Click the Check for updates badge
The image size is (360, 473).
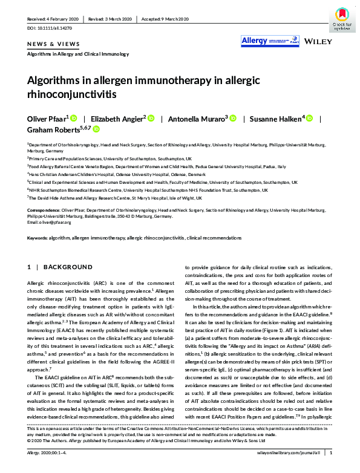[x=341, y=19]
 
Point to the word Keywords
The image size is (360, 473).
[x=38, y=238]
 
